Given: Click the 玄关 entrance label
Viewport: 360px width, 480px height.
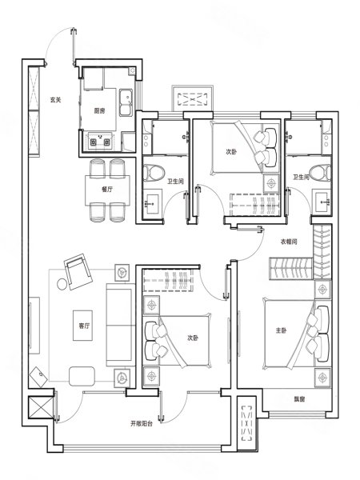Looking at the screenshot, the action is click(56, 100).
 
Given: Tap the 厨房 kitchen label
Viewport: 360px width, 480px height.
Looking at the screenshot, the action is click(99, 111).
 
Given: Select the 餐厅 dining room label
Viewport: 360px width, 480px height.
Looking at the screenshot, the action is click(107, 189).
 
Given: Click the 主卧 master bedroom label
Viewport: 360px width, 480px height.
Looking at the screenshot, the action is click(281, 330).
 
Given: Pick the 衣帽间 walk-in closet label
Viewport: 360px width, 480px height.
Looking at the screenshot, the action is click(289, 242).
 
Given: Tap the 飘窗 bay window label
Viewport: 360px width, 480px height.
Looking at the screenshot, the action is click(300, 399).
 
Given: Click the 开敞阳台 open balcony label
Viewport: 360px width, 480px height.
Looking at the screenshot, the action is click(142, 424).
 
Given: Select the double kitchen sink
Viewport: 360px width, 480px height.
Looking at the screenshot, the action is click(126, 102).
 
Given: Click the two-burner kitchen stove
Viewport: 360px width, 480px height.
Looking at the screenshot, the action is click(99, 142).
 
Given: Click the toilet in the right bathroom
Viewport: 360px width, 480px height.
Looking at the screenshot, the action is click(320, 174).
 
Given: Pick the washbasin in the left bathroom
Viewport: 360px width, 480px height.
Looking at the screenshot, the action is click(153, 202).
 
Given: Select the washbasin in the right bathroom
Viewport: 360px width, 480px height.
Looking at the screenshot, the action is click(322, 202).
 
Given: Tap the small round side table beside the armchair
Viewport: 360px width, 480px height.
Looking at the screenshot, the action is click(62, 284).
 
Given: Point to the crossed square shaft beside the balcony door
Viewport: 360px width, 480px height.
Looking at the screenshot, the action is click(41, 407).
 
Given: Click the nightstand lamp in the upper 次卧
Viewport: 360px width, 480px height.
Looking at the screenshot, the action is click(271, 183).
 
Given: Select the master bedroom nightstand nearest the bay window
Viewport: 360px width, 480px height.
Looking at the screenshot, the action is click(322, 378).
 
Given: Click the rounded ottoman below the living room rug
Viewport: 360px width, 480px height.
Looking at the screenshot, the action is click(82, 376).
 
